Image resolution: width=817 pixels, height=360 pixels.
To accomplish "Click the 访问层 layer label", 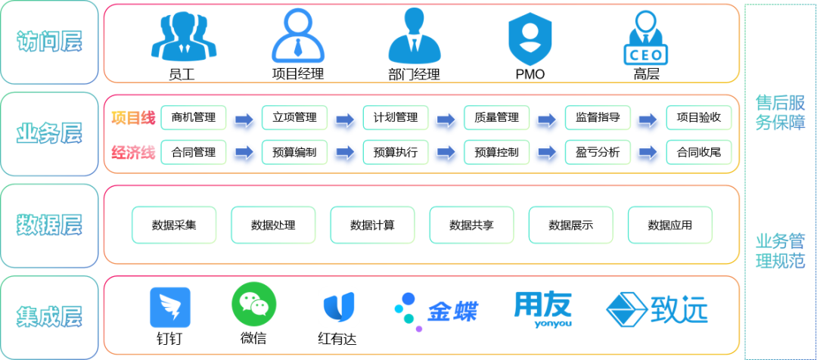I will [x=49, y=42].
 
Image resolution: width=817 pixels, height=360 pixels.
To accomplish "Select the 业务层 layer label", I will [x=49, y=134].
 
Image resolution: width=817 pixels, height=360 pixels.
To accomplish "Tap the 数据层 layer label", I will [x=49, y=225].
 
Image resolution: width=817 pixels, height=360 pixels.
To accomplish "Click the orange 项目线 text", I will [x=133, y=117].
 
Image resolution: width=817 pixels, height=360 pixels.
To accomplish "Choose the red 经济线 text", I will [x=133, y=153].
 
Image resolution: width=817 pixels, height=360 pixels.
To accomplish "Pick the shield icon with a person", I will [x=530, y=37].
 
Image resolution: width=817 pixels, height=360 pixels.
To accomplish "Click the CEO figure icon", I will [x=645, y=36].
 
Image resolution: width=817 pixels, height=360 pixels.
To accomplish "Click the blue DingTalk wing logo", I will [x=169, y=307].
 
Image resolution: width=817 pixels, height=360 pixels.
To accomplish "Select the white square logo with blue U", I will [x=338, y=307].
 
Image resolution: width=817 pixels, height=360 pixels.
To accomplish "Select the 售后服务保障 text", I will [x=780, y=112].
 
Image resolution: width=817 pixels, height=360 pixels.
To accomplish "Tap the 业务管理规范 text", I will [x=780, y=252].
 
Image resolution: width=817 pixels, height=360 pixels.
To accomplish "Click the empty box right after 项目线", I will [x=193, y=117].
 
